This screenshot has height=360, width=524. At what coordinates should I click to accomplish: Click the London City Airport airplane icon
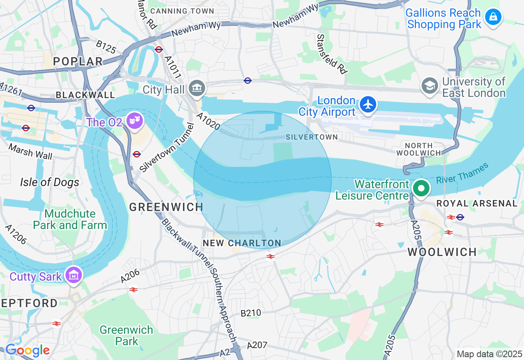pyautogui.click(x=368, y=104)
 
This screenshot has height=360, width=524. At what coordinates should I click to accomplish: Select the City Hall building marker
pyautogui.click(x=197, y=88)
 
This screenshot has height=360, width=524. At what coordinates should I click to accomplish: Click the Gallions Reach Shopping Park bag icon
pyautogui.click(x=493, y=17)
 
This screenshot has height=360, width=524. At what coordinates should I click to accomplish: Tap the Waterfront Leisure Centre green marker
pyautogui.click(x=421, y=189)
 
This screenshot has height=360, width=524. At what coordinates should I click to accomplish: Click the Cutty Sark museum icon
pyautogui.click(x=74, y=275)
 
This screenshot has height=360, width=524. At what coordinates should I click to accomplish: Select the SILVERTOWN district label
pyautogui.click(x=312, y=137)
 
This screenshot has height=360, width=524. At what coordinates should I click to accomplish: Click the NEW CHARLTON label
pyautogui.click(x=242, y=243)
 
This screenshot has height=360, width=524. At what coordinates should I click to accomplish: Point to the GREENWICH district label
pyautogui.click(x=166, y=207)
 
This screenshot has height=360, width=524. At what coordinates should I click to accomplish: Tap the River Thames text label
pyautogui.click(x=462, y=173)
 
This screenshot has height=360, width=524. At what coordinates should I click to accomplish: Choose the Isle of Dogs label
pyautogui.click(x=50, y=182)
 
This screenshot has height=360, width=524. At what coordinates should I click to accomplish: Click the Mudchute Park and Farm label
pyautogui.click(x=70, y=219)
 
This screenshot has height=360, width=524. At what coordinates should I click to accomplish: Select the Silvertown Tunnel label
pyautogui.click(x=167, y=148)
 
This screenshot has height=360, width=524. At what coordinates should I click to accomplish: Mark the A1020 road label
pyautogui.click(x=208, y=122)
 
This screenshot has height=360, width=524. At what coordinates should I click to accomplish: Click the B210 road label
pyautogui.click(x=251, y=313)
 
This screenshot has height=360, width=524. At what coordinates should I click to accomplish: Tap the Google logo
pyautogui.click(x=27, y=350)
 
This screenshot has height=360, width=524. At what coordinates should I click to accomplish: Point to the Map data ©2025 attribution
pyautogui.click(x=489, y=354)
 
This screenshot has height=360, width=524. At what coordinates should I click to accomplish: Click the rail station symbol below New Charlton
pyautogui.click(x=270, y=256)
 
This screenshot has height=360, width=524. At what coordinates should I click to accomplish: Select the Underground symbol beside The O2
pyautogui.click(x=137, y=154)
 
